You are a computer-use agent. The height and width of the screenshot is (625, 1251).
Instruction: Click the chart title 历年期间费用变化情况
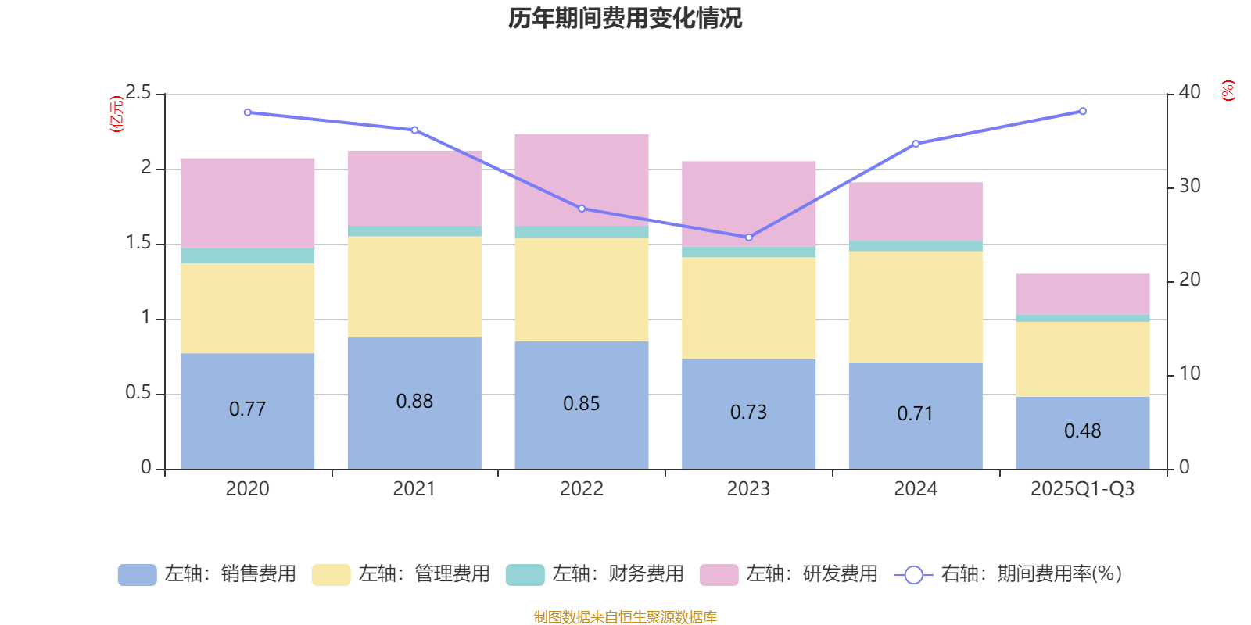click(625, 18)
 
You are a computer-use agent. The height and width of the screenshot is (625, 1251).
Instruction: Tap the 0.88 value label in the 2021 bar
click(414, 402)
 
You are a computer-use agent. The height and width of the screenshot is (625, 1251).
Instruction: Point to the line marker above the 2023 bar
click(748, 237)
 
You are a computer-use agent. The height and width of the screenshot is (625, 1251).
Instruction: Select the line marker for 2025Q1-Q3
click(1082, 112)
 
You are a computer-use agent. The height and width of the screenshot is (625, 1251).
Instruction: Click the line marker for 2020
click(247, 112)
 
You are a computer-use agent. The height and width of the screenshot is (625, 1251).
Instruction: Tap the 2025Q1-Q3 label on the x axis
click(1082, 489)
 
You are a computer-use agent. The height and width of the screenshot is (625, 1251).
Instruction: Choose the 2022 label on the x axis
click(581, 489)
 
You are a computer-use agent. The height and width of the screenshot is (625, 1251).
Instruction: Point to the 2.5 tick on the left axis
click(138, 93)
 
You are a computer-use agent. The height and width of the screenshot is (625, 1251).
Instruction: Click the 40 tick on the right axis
click(1189, 92)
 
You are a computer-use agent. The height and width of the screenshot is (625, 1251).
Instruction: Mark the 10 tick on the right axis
click(1189, 374)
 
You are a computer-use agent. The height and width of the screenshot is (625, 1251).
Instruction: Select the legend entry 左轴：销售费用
click(207, 574)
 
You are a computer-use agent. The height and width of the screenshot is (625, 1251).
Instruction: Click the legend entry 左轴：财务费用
click(595, 574)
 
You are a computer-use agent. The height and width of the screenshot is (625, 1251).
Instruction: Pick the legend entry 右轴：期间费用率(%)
click(1008, 574)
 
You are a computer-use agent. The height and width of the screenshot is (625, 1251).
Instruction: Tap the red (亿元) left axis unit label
click(116, 114)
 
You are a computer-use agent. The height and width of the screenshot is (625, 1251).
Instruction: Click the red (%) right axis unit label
click(1228, 91)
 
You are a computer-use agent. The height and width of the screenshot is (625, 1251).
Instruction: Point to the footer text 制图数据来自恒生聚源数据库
click(625, 617)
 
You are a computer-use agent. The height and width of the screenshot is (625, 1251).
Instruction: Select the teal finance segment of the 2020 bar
click(247, 255)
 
